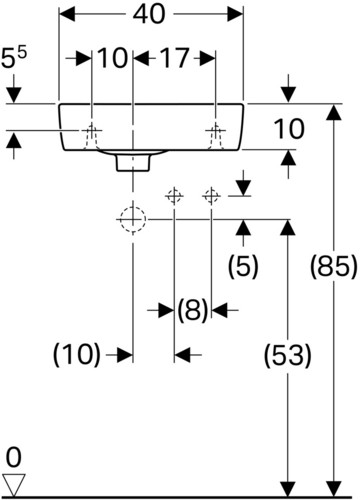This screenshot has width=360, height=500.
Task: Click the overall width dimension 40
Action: (149, 14)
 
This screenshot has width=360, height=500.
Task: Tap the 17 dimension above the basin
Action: (175, 58)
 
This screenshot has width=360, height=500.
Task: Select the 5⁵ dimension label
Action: (14, 57)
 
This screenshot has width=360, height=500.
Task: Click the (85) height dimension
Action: (334, 266)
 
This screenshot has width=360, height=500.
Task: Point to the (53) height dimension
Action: (288, 355)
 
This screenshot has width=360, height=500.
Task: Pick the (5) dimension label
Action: (243, 266)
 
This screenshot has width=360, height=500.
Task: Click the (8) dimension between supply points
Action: (193, 310)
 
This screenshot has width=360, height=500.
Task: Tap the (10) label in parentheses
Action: (77, 354)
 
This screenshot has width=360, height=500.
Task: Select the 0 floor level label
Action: (14, 457)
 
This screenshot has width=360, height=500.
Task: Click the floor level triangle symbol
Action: (14, 485)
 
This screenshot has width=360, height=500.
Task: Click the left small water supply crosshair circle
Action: (174, 196)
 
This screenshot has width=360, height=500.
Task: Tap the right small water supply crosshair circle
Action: (211, 196)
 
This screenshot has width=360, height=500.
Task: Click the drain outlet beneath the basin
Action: (133, 163)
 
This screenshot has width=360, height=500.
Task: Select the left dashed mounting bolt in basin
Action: (92, 136)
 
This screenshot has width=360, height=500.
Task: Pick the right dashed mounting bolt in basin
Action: (216, 136)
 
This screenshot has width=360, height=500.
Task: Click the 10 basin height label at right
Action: (289, 129)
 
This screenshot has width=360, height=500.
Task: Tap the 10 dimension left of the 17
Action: (113, 58)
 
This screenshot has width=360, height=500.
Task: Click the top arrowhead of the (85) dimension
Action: (334, 112)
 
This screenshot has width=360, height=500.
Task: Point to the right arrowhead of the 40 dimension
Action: (235, 14)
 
